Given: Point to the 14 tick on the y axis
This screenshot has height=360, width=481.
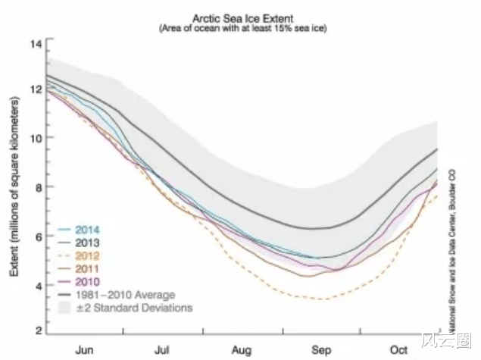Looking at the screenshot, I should click(x=35, y=43).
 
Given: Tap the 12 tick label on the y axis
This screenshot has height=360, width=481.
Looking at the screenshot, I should click(x=35, y=89).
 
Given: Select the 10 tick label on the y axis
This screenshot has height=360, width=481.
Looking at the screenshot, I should click(x=35, y=138).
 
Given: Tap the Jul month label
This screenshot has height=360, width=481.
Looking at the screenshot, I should click(x=162, y=351).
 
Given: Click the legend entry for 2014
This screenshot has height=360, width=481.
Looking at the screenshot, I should click(x=89, y=229).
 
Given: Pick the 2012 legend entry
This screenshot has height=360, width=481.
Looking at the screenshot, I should click(x=89, y=255).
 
